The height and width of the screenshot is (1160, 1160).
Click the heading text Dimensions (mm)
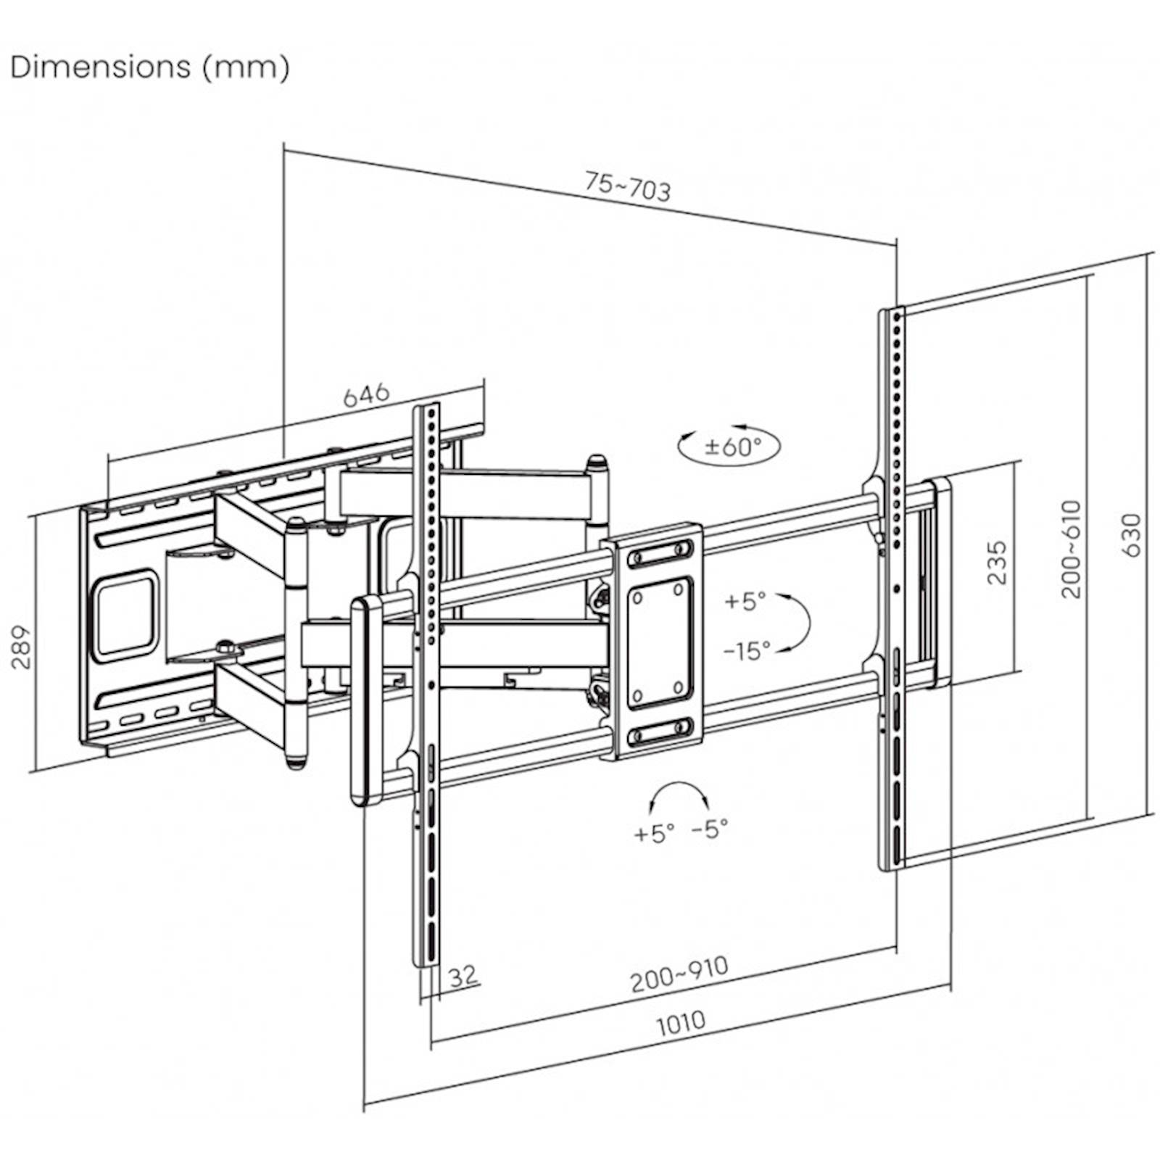click(x=150, y=67)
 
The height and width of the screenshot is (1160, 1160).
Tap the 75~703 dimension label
click(x=628, y=187)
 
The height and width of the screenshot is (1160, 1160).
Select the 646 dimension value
click(x=366, y=395)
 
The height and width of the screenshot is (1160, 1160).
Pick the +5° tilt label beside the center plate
click(x=745, y=601)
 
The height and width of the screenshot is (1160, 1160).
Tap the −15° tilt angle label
click(x=746, y=651)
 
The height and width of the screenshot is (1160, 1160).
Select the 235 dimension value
click(x=997, y=562)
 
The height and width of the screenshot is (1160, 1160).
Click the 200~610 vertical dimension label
click(x=1071, y=549)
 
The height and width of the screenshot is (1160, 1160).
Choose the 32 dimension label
click(x=463, y=975)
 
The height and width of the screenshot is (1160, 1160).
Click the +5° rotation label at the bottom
click(x=654, y=833)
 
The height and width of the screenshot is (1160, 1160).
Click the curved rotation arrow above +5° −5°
click(x=679, y=792)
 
